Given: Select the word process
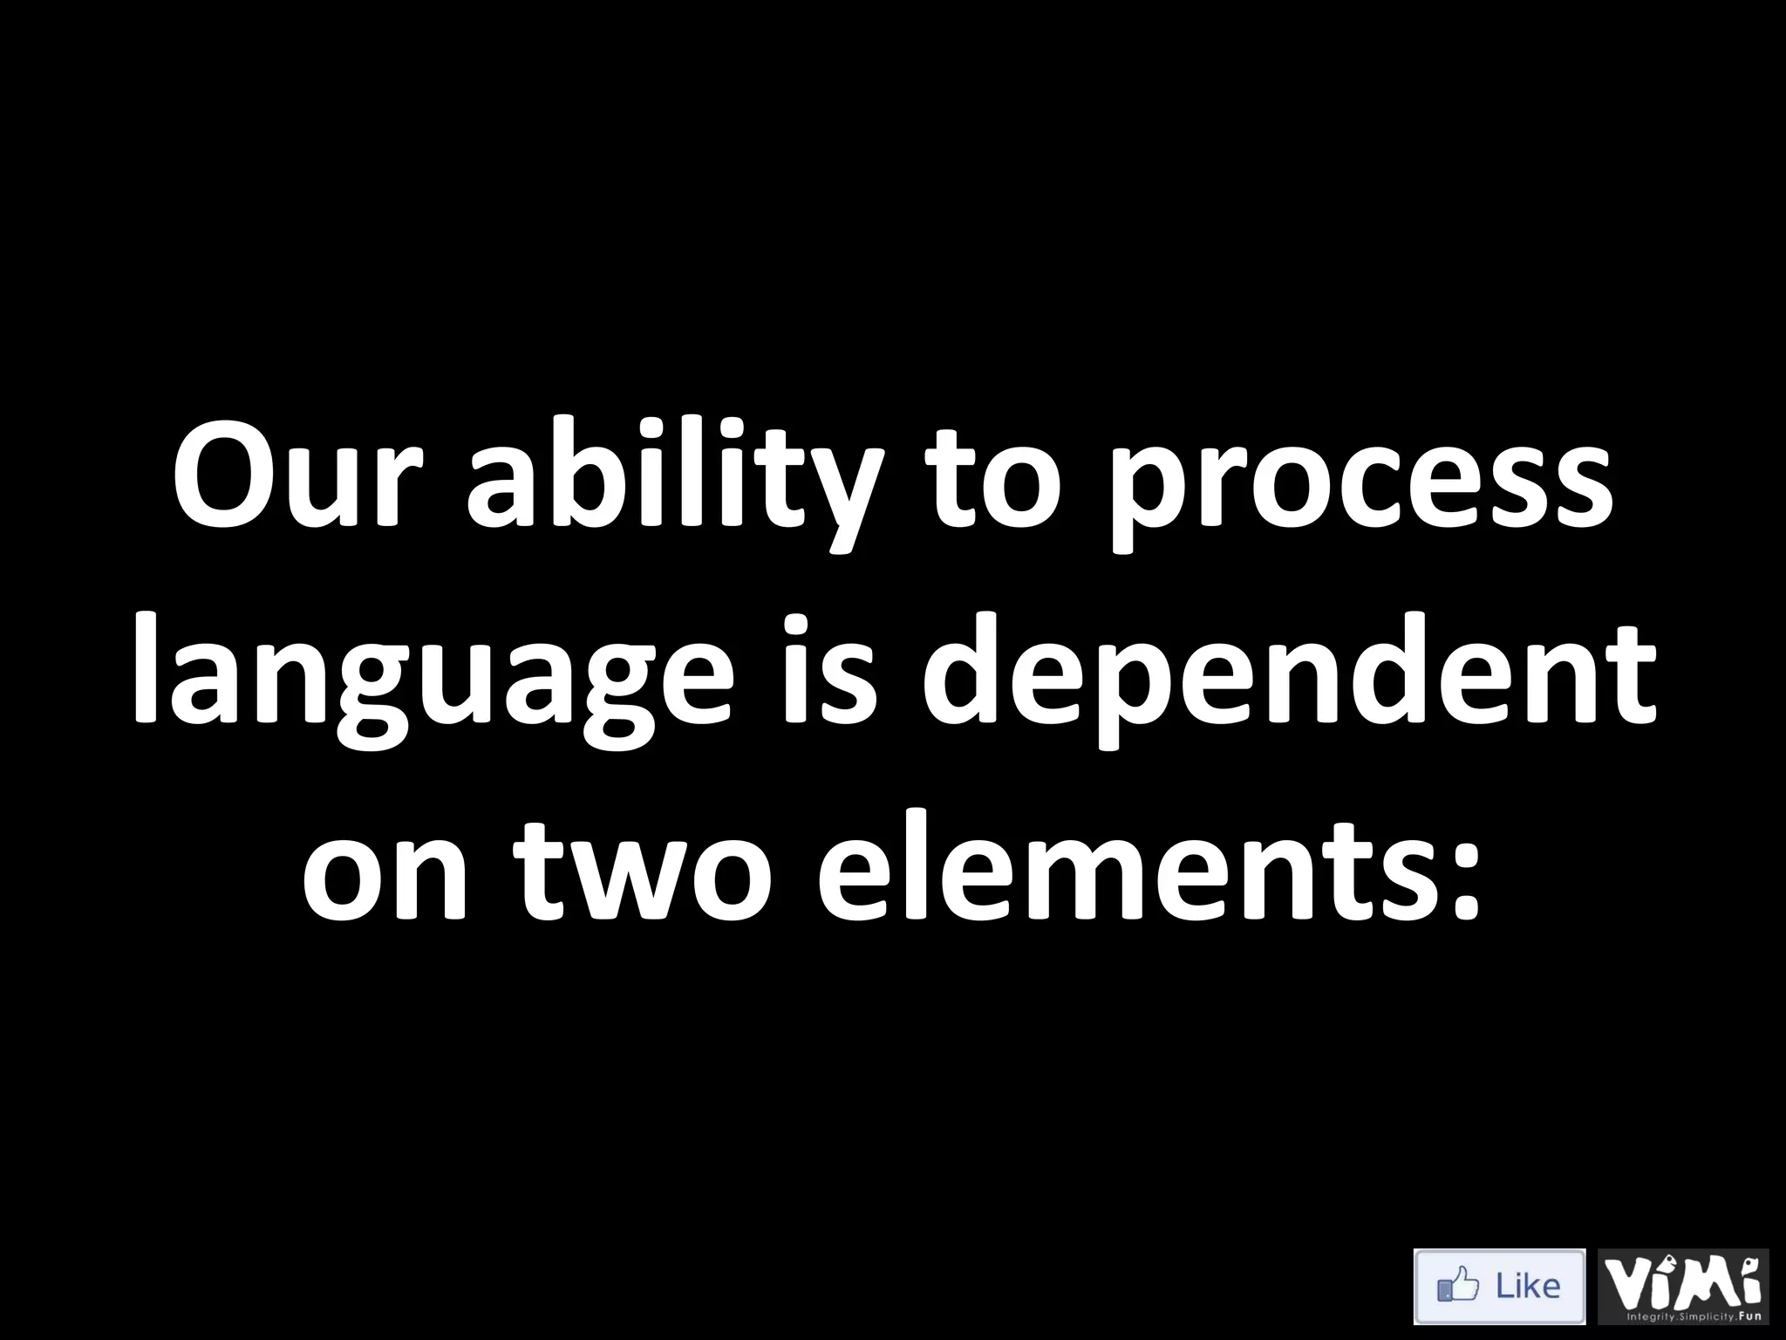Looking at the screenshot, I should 1361,489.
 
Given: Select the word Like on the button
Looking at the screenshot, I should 1527,1286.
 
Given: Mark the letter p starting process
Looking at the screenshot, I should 1142,497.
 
